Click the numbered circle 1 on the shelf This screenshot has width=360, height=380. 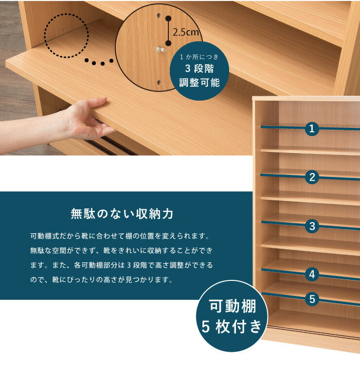[x=312, y=129]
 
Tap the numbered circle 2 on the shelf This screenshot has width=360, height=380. [x=312, y=177]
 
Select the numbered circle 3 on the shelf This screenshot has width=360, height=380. [x=312, y=225]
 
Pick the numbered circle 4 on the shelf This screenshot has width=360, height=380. [x=312, y=275]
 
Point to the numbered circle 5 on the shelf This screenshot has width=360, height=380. [x=312, y=298]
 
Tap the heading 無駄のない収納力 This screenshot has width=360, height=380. [x=122, y=213]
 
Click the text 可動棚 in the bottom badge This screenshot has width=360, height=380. [x=232, y=308]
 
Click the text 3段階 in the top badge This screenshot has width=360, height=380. [x=199, y=69]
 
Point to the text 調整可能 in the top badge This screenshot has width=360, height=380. [x=199, y=83]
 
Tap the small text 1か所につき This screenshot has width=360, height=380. [x=199, y=57]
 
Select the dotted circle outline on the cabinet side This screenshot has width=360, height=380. [x=66, y=35]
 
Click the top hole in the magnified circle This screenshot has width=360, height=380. [x=159, y=16]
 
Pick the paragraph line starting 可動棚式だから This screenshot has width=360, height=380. [x=119, y=237]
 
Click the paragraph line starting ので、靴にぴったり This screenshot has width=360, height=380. [x=101, y=280]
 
